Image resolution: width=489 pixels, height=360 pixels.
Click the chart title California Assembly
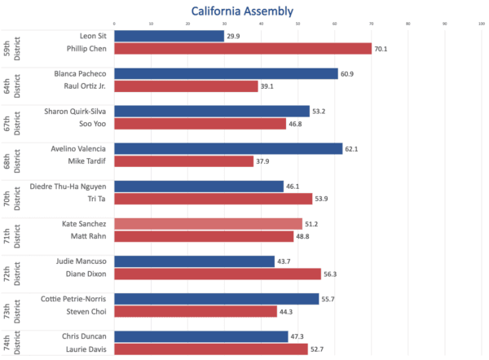[x=242, y=11]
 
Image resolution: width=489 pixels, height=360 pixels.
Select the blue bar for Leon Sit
[x=169, y=37]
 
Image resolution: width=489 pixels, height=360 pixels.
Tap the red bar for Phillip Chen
[x=243, y=49]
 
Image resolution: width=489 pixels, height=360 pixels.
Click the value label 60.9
[x=349, y=73]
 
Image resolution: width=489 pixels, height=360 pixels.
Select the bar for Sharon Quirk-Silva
[x=212, y=111]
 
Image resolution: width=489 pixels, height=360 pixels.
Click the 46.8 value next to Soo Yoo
[x=297, y=124]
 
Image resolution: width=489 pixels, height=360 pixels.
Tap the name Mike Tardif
[x=86, y=161]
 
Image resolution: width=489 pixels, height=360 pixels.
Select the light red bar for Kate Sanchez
[x=208, y=223]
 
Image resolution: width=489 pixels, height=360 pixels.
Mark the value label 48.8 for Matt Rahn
[x=304, y=236]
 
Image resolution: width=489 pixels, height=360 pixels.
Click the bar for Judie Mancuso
[x=194, y=261]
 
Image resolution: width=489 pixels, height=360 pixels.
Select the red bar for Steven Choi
[x=196, y=311]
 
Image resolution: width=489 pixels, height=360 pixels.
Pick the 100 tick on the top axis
[x=482, y=24]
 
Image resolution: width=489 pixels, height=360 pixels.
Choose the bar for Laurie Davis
[x=211, y=349]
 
